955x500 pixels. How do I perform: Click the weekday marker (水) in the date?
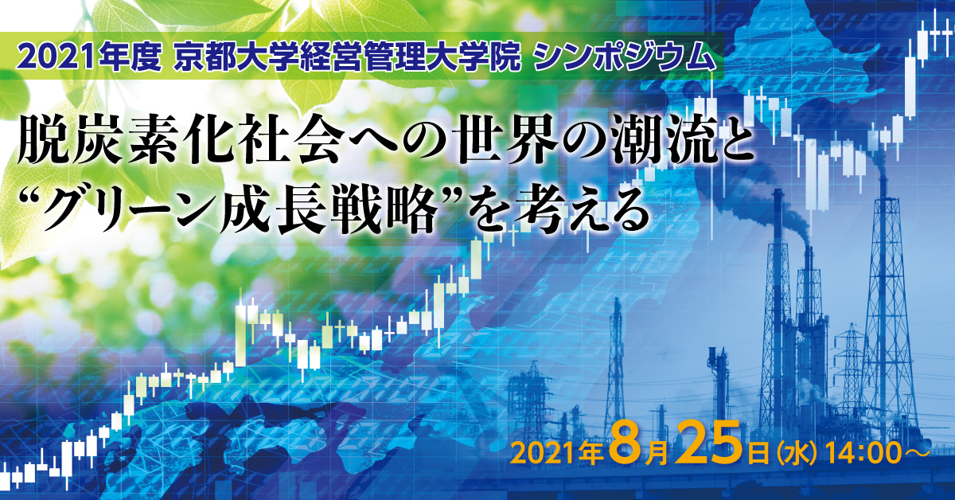pyautogui.click(x=797, y=454)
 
